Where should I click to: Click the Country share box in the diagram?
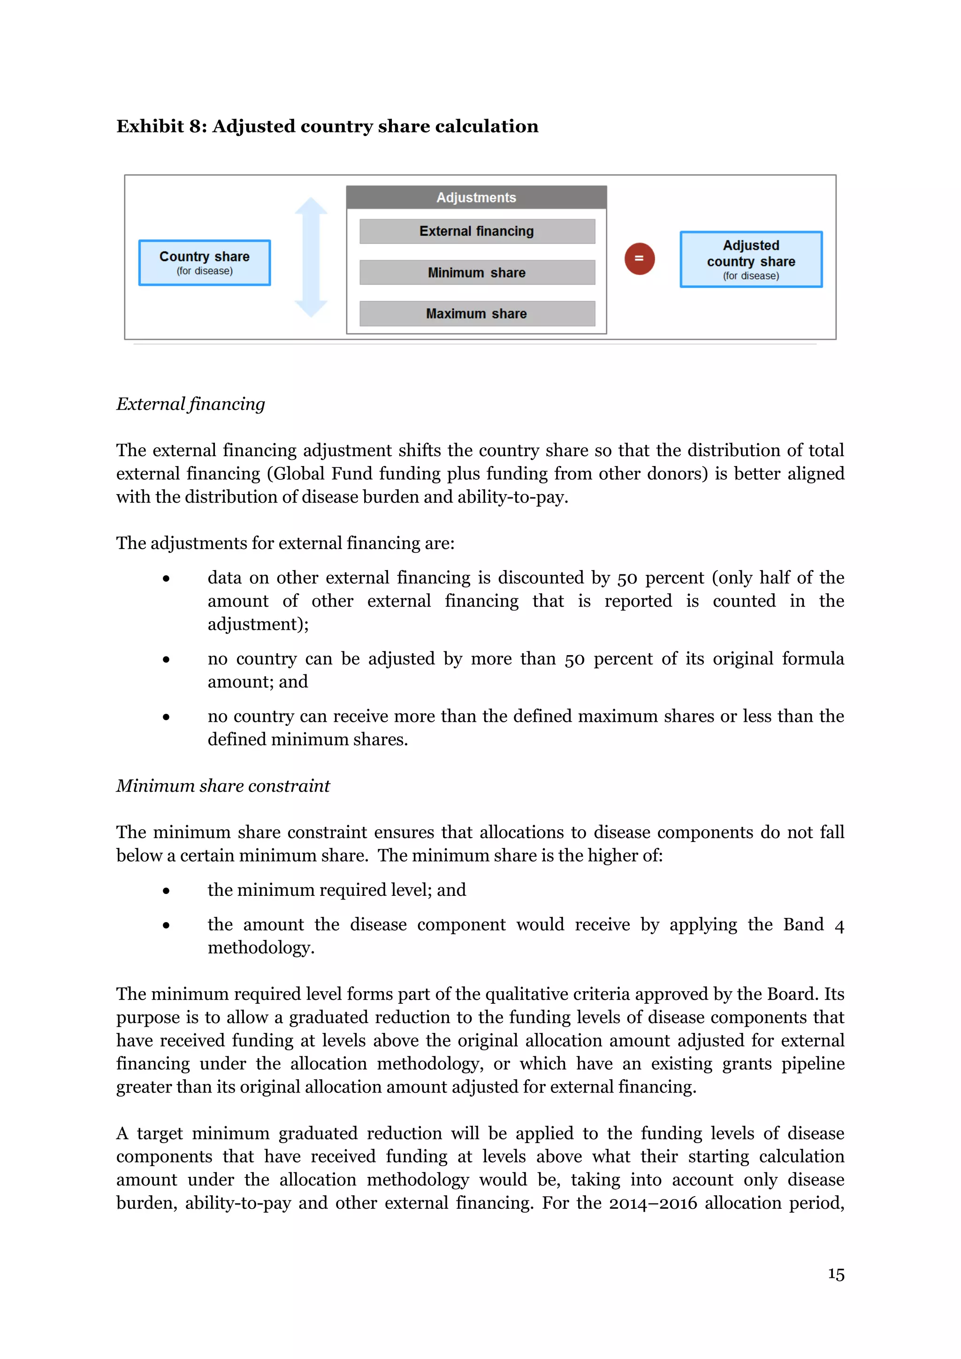point(204,263)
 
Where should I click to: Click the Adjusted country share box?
point(750,259)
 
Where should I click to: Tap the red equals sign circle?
point(639,259)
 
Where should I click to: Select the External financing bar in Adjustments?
point(476,231)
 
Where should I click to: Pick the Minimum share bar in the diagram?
point(476,273)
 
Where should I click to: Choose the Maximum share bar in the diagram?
point(476,314)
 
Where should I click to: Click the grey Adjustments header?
point(476,198)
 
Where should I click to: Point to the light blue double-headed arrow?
point(311,258)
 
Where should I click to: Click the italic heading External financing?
point(191,404)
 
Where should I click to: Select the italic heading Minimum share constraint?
point(222,786)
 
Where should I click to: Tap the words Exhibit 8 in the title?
point(159,127)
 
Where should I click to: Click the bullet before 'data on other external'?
point(166,579)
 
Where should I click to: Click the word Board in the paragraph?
point(793,994)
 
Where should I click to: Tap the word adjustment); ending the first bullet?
point(258,625)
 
